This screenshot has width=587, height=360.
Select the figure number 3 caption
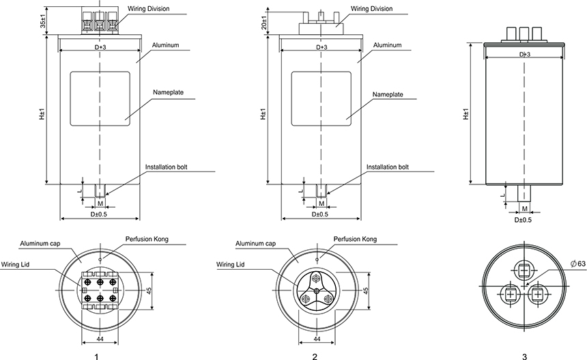coord(524,356)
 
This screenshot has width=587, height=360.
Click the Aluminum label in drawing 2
coord(387,45)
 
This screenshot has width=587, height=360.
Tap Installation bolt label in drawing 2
coord(388,167)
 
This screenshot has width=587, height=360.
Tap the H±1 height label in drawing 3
coord(467,114)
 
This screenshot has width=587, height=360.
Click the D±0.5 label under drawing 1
coord(100,214)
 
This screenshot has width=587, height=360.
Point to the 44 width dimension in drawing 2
coord(317,339)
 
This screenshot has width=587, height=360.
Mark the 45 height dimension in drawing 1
coord(148,290)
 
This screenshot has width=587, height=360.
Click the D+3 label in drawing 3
coord(524,54)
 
